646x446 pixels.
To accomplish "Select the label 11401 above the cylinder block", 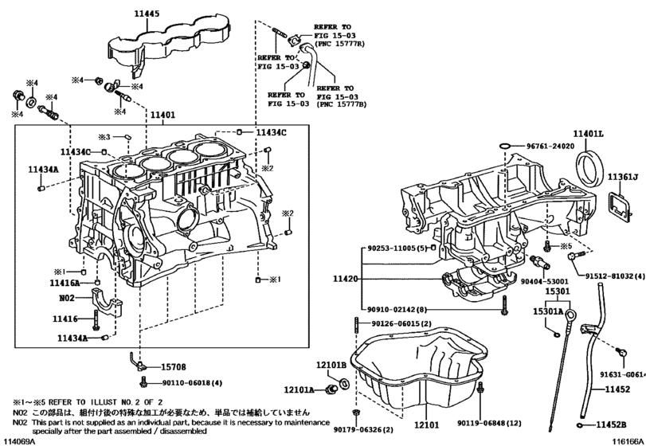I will [x=162, y=114].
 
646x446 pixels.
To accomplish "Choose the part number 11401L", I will [x=589, y=135].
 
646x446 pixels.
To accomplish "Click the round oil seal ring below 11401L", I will [x=593, y=178].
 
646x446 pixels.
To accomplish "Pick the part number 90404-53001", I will [x=546, y=281].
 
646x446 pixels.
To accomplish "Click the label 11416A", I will [x=66, y=283].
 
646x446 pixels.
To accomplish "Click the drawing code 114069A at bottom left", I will [x=20, y=440].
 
